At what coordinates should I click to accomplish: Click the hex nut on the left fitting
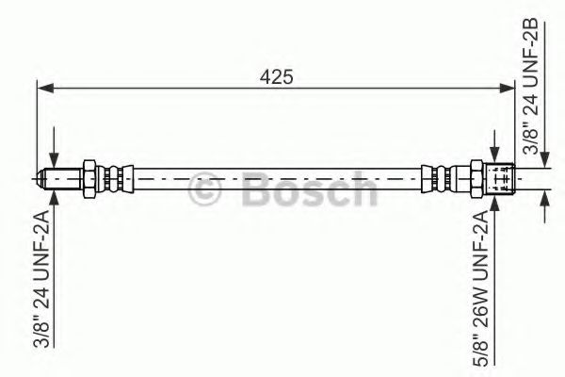coord(88,176)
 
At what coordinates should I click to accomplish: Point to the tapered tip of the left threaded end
coord(43,176)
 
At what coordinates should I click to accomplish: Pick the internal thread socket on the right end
coord(503,176)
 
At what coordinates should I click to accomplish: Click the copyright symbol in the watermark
coord(206,191)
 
